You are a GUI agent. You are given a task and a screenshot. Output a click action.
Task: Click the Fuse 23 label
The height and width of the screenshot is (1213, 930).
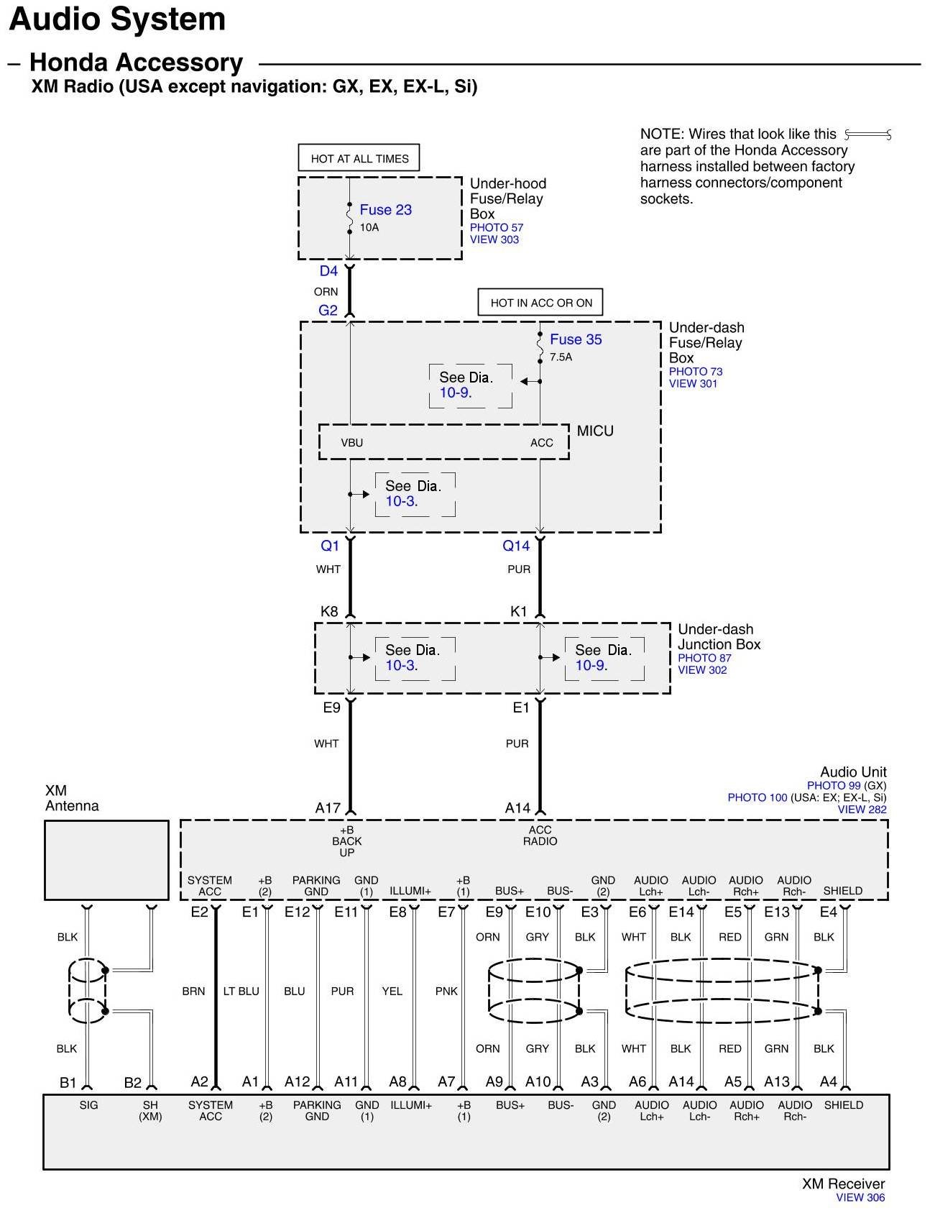tap(385, 210)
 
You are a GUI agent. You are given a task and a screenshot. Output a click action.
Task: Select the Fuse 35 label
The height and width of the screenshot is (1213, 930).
tap(576, 339)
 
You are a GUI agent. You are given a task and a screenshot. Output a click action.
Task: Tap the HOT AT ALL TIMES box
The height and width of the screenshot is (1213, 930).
tap(359, 158)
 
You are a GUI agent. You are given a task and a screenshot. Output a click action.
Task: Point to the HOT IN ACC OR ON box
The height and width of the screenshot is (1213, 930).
tap(541, 303)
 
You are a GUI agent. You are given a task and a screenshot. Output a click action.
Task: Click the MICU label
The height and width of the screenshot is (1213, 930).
tap(595, 431)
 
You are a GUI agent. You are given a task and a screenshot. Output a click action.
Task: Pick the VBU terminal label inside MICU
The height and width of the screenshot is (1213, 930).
tap(351, 443)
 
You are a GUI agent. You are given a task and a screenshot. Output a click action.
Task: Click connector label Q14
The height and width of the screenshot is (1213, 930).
tap(516, 546)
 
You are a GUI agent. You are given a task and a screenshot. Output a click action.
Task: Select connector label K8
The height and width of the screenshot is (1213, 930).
tap(329, 612)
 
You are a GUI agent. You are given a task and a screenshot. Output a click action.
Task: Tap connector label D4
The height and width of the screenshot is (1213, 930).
tap(328, 271)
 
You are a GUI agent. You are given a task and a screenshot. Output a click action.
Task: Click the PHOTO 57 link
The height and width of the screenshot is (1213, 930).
tap(497, 227)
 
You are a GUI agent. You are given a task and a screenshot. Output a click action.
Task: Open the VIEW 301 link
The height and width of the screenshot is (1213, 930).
tap(693, 383)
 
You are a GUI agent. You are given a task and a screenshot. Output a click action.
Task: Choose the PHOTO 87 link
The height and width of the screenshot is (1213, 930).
tap(704, 658)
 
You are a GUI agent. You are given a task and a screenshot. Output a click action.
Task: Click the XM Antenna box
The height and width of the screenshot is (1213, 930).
tap(106, 860)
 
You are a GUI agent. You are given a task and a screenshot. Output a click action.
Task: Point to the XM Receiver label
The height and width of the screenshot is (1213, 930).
tap(843, 1184)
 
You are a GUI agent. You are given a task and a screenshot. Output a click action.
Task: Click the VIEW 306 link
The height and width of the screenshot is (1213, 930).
tap(860, 1198)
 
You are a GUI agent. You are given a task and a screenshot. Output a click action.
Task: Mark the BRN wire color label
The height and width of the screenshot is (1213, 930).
tap(193, 991)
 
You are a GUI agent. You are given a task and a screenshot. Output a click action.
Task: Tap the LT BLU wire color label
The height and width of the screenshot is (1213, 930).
tap(241, 991)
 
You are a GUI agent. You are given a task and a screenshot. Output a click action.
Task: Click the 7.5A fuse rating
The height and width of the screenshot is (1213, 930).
tap(561, 357)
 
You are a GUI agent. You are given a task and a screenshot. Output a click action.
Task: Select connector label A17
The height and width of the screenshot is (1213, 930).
tap(328, 808)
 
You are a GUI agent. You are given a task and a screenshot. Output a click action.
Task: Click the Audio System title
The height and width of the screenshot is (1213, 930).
tap(117, 19)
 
